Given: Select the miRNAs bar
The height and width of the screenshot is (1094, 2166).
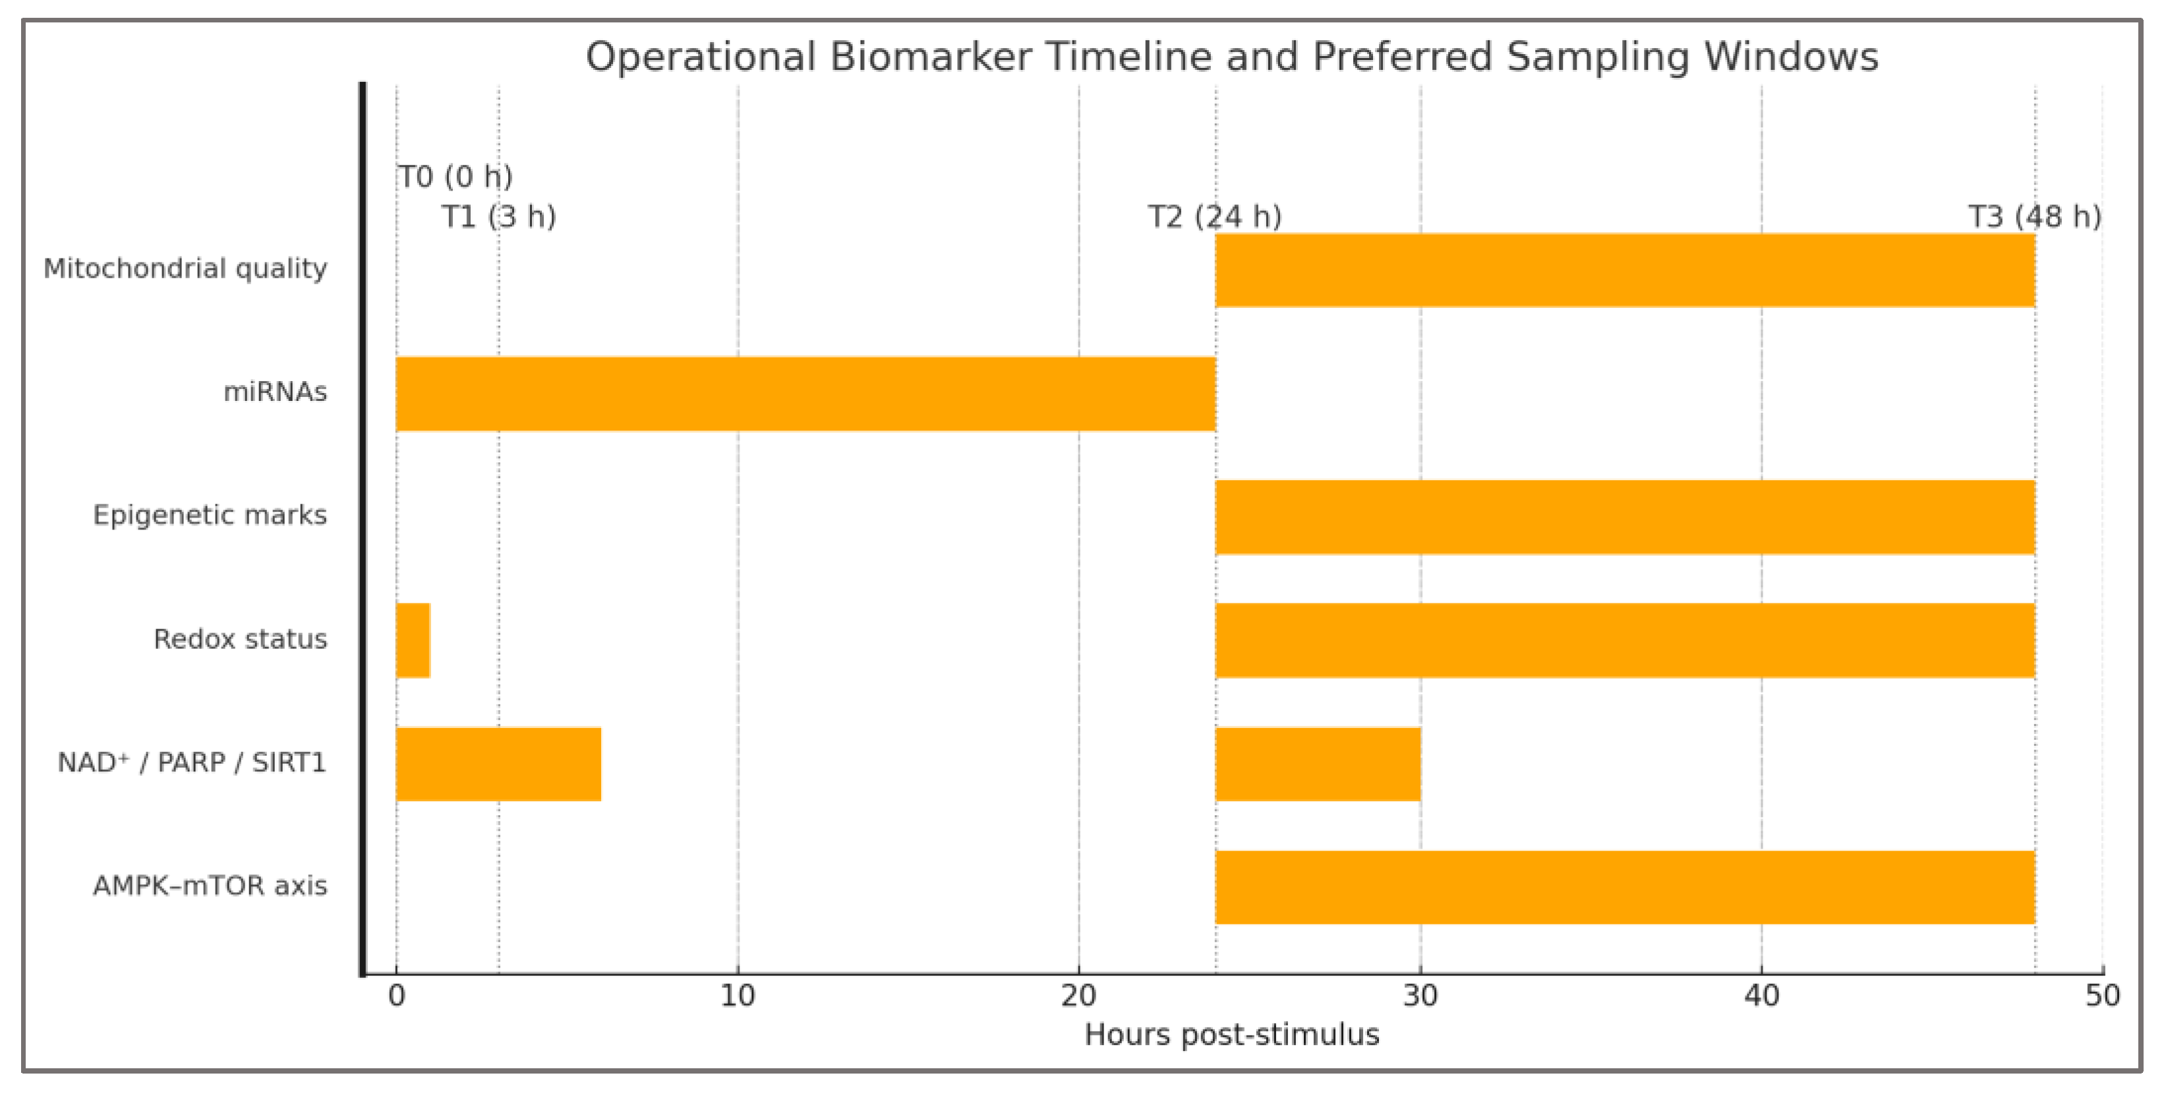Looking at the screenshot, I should point(805,394).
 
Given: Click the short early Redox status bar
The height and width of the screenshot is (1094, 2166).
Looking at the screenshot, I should point(413,640).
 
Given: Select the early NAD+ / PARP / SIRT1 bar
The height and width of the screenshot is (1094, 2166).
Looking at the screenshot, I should point(498,764).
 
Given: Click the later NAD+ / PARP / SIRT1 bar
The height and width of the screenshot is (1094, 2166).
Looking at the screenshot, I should point(1318,764).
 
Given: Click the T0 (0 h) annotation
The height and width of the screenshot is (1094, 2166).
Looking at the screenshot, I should point(455,177).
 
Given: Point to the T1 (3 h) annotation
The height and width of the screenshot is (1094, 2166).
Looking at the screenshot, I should point(498,217).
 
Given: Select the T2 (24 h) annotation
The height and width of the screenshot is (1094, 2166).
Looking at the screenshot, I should point(1214,217).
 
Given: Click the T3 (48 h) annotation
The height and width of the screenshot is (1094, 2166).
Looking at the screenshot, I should point(2034,217).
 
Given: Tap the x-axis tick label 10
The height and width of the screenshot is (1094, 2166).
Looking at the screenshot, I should point(738,996).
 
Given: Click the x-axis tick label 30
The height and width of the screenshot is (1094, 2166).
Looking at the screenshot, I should point(1420,996).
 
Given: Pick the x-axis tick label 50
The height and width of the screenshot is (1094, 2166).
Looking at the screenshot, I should point(2102,996).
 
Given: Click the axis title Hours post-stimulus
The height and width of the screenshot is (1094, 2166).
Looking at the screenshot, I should point(1231,1034).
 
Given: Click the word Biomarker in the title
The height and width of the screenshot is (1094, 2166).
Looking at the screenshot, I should point(931,57).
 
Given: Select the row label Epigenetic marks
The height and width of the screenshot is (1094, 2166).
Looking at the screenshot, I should point(210,514).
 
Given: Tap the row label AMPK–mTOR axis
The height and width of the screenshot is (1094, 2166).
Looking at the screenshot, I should point(210,886).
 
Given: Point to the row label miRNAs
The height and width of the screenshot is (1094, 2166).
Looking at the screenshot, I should point(275,392).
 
